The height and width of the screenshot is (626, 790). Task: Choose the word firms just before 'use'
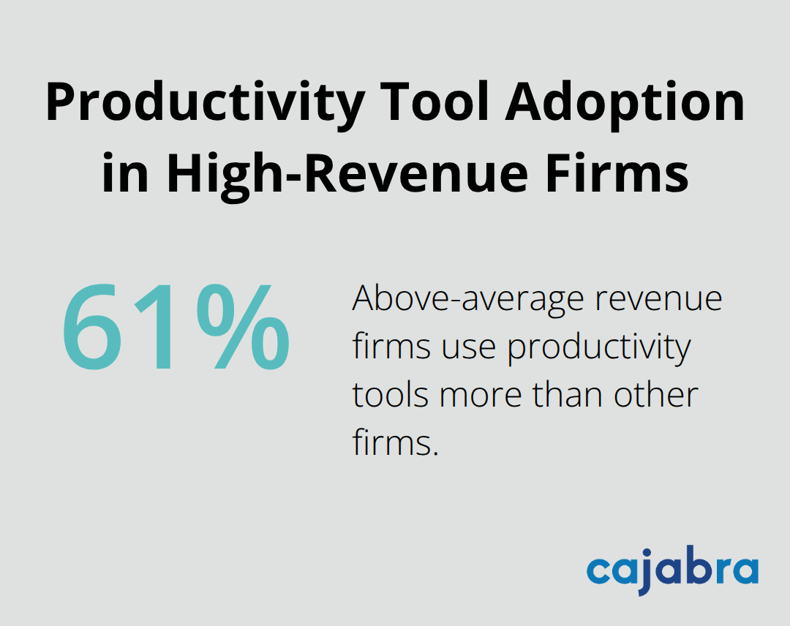pos(390,347)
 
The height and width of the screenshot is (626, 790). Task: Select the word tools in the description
pos(389,395)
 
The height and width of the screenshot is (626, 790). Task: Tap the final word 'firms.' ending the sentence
pos(395,442)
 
